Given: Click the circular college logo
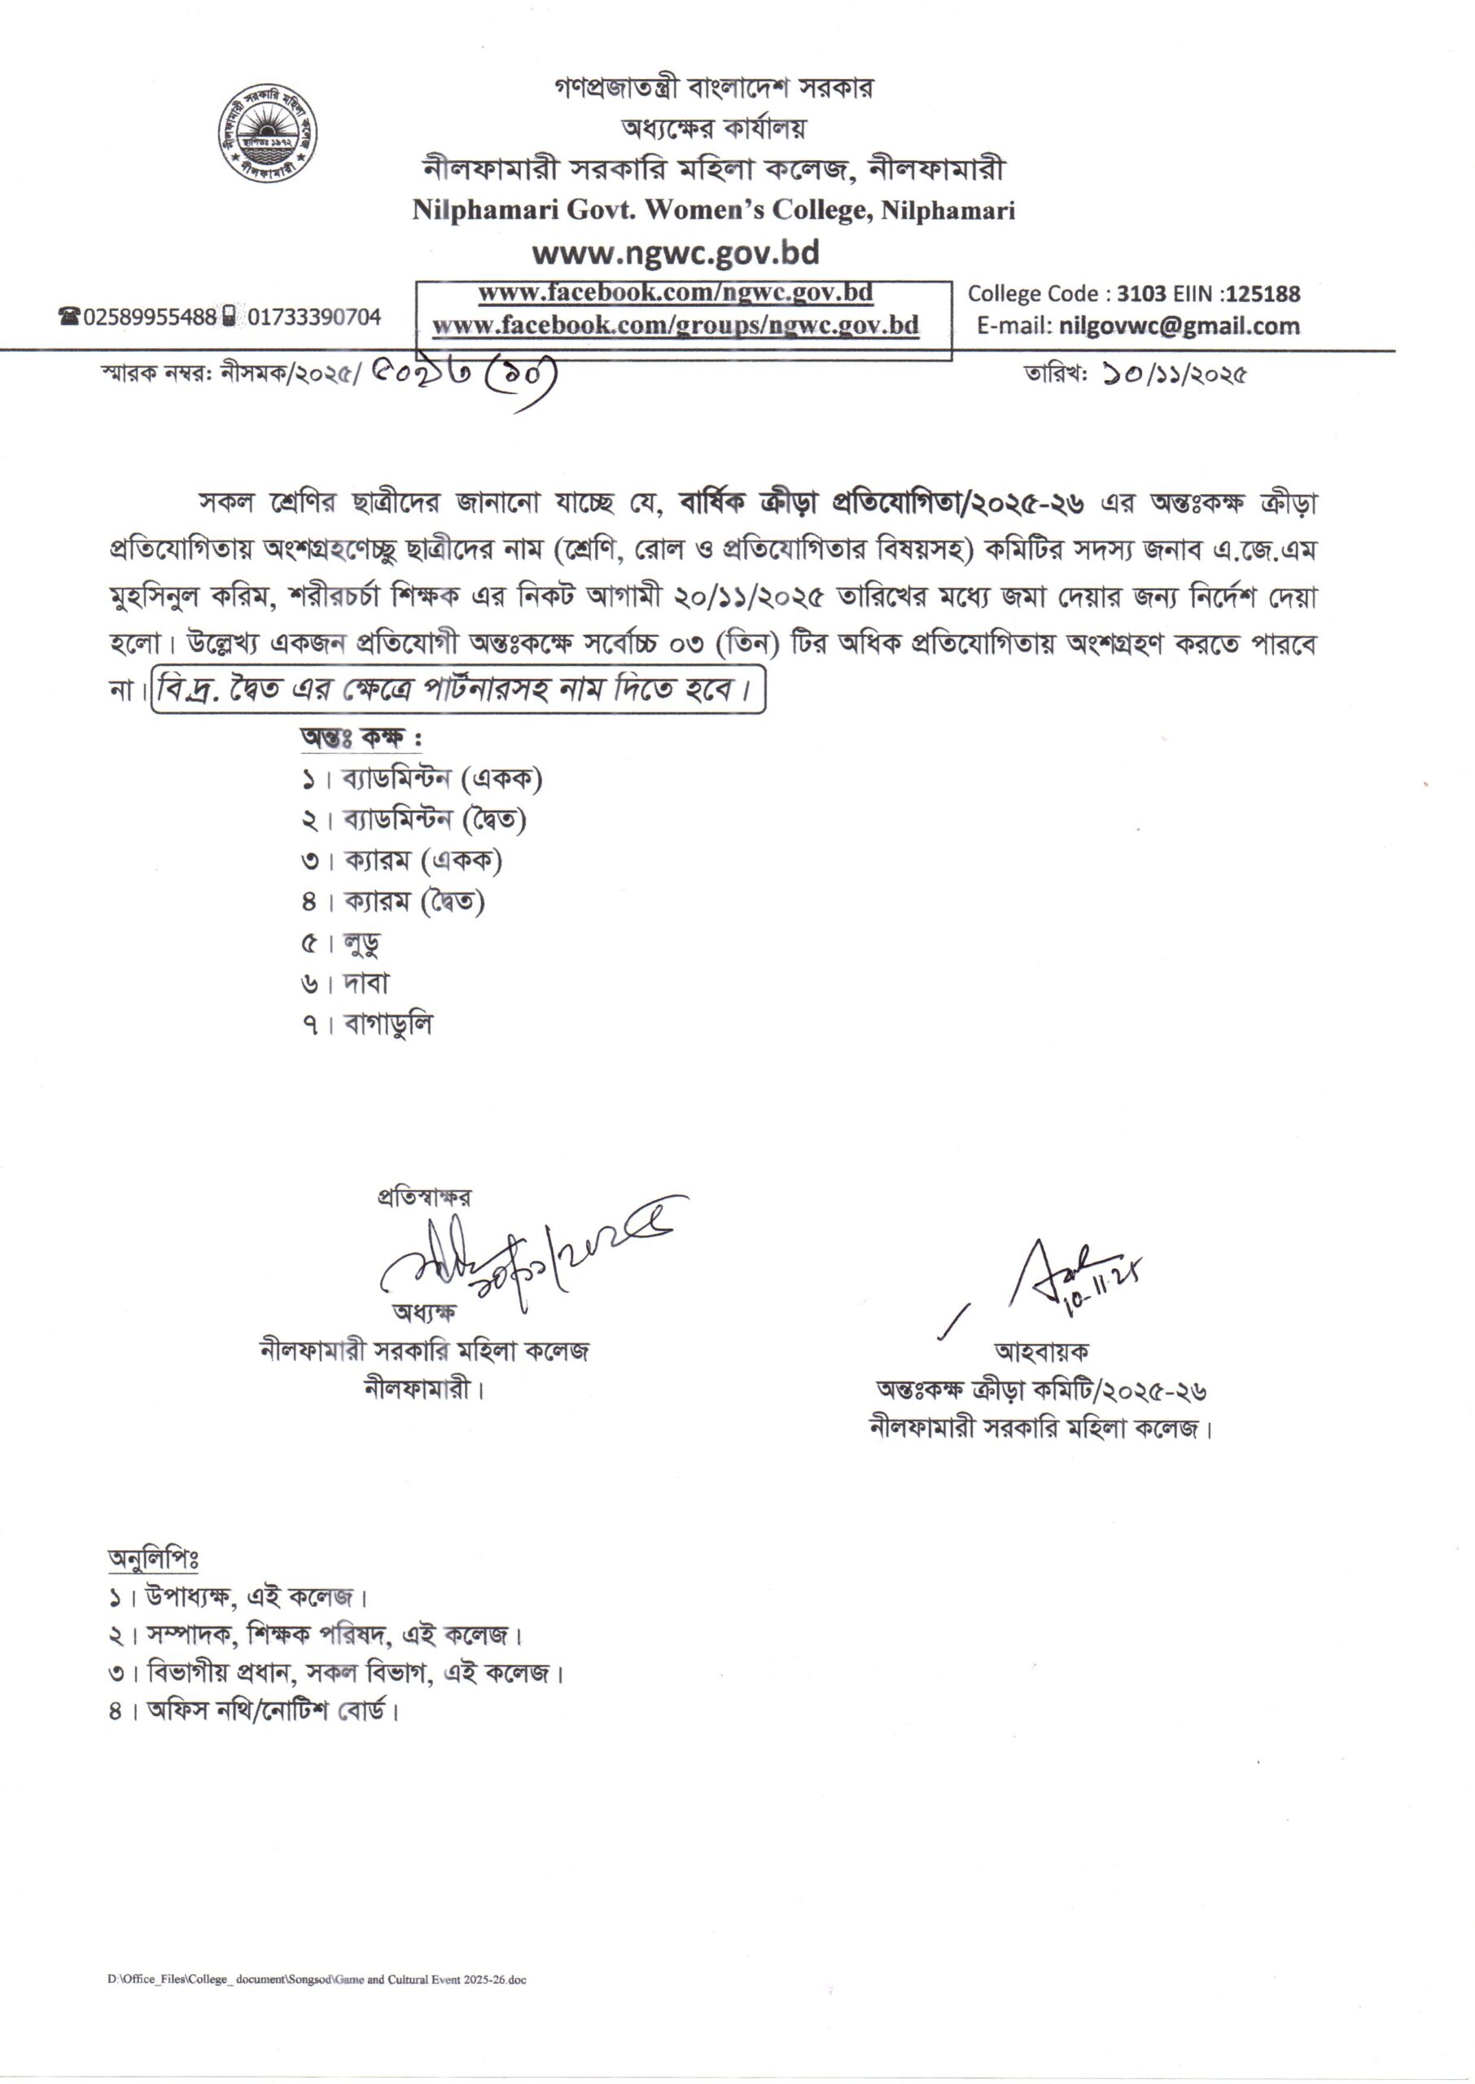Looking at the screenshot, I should pyautogui.click(x=267, y=134).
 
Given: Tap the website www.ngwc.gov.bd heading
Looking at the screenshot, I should pyautogui.click(x=676, y=252).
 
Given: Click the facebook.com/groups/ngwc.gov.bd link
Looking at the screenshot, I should pyautogui.click(x=675, y=325).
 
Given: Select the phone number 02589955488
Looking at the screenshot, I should pyautogui.click(x=150, y=317).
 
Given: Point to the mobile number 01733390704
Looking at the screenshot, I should pyautogui.click(x=314, y=317).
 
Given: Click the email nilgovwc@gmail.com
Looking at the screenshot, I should pyautogui.click(x=1179, y=326).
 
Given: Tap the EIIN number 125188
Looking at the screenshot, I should pyautogui.click(x=1263, y=294).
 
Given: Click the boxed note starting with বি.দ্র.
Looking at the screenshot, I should pyautogui.click(x=457, y=691).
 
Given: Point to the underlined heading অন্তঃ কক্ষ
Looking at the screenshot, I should pyautogui.click(x=361, y=738).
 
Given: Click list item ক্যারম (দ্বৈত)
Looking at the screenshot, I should pyautogui.click(x=414, y=902).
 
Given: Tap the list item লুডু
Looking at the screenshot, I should pyautogui.click(x=361, y=943).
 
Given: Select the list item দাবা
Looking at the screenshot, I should pyautogui.click(x=366, y=983).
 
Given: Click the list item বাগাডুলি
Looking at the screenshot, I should pyautogui.click(x=387, y=1024).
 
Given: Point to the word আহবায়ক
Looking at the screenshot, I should pyautogui.click(x=1041, y=1352).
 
